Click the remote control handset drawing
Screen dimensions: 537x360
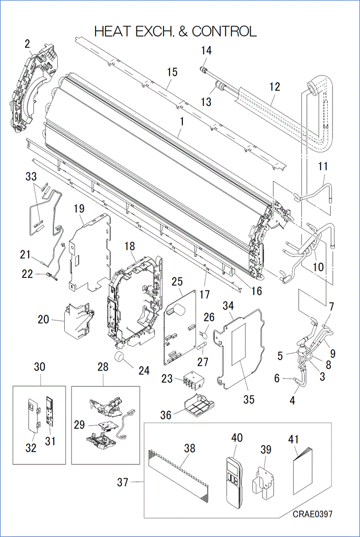[x=234, y=476]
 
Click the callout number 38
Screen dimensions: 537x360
[x=190, y=448]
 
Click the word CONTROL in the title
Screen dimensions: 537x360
[x=224, y=31]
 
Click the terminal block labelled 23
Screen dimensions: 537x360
[x=190, y=382]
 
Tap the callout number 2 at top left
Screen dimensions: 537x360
[x=27, y=44]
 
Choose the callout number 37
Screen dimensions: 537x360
[x=123, y=482]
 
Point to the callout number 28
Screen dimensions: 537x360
[x=103, y=367]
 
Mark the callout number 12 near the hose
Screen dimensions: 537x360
[x=275, y=86]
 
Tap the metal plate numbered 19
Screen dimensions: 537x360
[x=89, y=250]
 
